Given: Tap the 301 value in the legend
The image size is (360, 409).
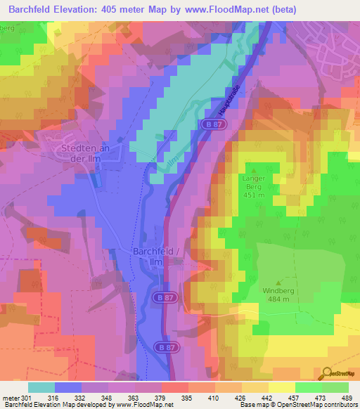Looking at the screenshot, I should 20,398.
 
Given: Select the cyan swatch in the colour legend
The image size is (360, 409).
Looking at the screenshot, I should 41,387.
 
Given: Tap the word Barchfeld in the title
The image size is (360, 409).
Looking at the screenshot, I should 29,9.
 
